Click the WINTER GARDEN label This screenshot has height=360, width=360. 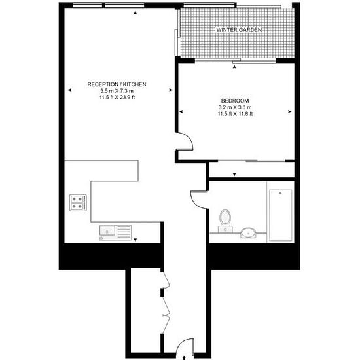[239, 30]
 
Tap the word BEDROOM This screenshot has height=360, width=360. [235, 101]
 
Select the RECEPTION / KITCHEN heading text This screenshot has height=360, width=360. [117, 84]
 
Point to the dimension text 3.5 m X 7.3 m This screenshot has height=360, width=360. [117, 91]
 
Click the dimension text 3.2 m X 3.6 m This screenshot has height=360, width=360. [235, 107]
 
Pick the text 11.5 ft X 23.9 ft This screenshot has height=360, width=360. [117, 97]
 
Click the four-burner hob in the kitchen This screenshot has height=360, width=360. [78, 203]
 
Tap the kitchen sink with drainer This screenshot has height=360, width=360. [115, 233]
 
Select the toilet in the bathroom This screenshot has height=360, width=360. [225, 221]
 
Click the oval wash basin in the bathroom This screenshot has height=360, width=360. [248, 233]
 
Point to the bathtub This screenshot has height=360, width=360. [281, 215]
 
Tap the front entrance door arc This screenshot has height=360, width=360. [181, 344]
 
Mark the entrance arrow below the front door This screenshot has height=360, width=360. [184, 358]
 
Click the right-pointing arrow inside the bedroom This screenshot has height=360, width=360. [289, 111]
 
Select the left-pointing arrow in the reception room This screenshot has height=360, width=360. [69, 90]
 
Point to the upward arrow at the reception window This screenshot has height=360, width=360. [135, 13]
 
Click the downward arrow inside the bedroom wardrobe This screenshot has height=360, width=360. [234, 175]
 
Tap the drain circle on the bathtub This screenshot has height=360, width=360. [280, 193]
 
